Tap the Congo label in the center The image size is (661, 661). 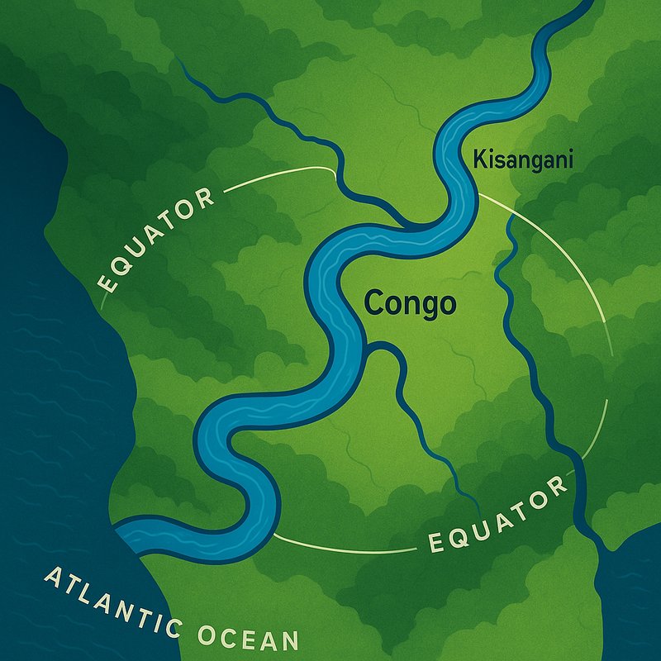(x=410, y=303)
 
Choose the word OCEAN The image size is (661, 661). (x=247, y=637)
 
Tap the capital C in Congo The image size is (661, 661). (x=373, y=303)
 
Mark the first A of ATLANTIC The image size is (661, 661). (x=51, y=577)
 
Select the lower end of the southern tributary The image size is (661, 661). (x=477, y=504)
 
